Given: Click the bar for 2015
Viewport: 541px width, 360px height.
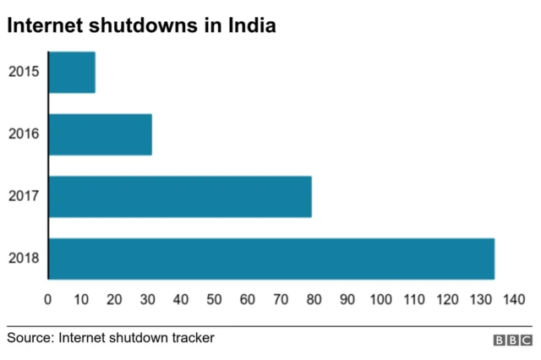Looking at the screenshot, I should pos(72,72).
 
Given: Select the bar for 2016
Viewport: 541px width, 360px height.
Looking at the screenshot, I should pos(101,134).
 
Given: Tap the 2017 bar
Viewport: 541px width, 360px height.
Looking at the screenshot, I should pos(180,197).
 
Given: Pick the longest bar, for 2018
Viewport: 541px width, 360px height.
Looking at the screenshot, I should pos(271,259).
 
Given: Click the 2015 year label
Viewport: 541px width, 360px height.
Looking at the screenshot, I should pos(23,72).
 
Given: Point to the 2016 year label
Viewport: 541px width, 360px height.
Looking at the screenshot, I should pos(23,134).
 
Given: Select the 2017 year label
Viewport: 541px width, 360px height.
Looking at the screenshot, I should pos(23,197).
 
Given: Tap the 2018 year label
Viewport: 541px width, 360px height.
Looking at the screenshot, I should pos(23,259).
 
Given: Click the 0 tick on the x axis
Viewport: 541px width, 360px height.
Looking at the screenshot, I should pos(48,298).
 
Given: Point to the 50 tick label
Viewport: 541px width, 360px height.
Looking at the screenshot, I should pos(214,298).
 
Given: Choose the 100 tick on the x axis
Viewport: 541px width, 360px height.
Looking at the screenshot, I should pos(380,298).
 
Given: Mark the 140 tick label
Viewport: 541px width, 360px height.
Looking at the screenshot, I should pos(514,298).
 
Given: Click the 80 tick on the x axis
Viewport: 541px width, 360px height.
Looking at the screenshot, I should pos(314,298).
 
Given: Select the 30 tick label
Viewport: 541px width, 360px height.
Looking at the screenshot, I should pos(148,298).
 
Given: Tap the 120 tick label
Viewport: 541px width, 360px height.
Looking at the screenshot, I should pos(447,298).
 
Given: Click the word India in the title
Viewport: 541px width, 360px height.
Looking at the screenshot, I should pos(251,26).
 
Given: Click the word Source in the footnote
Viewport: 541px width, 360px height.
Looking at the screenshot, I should pos(30,338).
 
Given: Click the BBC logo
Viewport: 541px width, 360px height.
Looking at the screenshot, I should pos(512,340).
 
